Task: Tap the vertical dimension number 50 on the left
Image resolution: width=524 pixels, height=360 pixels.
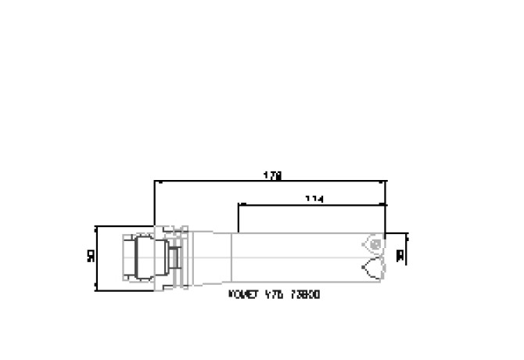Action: coord(91,257)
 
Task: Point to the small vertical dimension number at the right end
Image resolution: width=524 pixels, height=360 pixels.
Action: coord(400,255)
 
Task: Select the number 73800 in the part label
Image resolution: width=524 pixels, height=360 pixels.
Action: coord(304,295)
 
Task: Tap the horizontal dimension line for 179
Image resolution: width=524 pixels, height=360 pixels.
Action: coord(235,182)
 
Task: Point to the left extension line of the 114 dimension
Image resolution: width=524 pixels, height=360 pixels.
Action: coord(238,219)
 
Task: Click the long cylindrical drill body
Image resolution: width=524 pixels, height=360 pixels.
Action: coord(297,257)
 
